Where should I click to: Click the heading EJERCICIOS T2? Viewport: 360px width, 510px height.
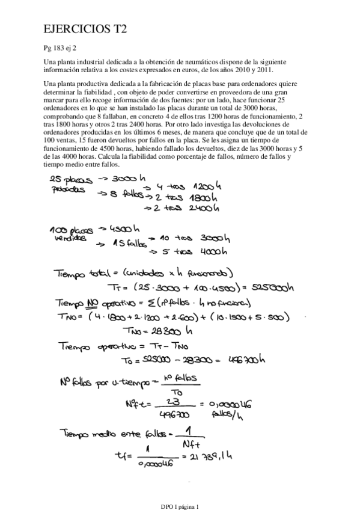(85, 28)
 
